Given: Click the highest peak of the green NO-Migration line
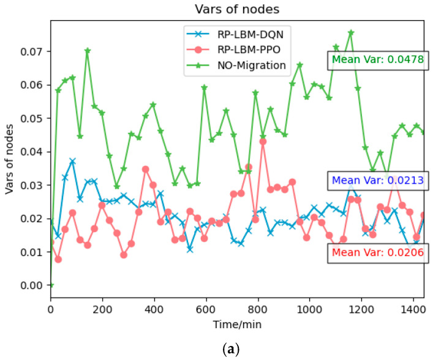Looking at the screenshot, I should tap(351, 32).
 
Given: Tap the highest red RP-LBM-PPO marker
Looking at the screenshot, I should tap(263, 141).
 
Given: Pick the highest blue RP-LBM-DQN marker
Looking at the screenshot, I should tap(72, 161).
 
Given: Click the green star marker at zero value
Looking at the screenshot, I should tap(51, 285).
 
